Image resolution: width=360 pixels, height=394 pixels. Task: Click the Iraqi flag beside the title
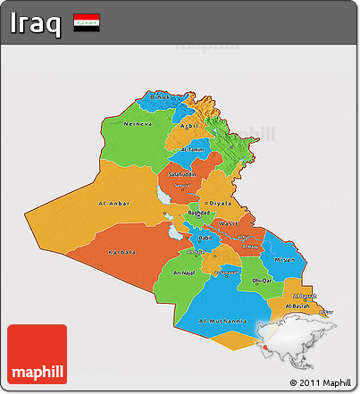[x=87, y=21]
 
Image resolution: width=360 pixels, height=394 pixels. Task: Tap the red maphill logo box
[x=37, y=355]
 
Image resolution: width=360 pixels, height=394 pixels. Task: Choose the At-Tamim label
[x=192, y=150]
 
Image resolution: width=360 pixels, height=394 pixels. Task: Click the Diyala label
[x=219, y=203]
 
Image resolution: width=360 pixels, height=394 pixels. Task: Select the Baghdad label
[x=198, y=214]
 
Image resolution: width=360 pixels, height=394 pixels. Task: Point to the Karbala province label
[x=121, y=252]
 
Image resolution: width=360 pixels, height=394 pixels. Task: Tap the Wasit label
[x=228, y=223]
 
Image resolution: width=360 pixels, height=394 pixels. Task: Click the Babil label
[x=205, y=238]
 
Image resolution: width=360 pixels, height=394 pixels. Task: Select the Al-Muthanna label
[x=222, y=319]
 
